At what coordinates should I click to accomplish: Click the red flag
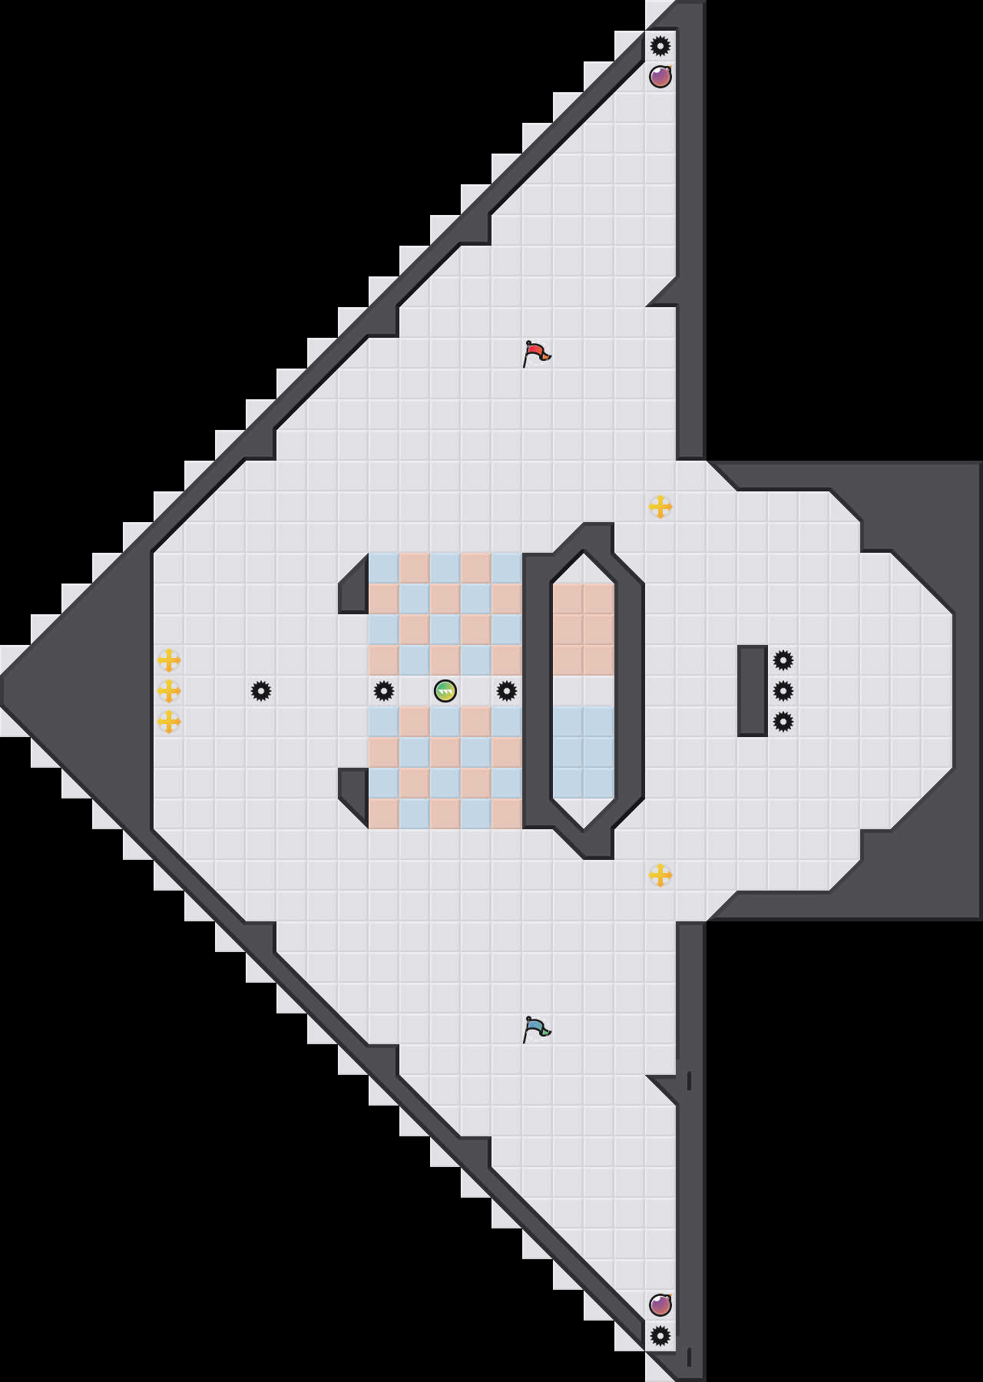coord(536,353)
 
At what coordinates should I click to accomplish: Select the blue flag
coord(536,1029)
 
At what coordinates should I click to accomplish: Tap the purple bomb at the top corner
coord(660,77)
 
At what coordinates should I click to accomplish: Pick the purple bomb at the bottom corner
coord(660,1304)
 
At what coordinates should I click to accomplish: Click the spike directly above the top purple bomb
coord(660,46)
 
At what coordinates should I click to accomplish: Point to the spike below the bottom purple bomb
coord(660,1336)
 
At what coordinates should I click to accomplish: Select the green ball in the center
coord(445,691)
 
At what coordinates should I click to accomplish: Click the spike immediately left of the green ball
coord(384,691)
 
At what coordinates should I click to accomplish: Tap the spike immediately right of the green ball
coord(507,691)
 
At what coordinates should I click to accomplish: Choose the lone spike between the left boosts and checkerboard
coord(261,691)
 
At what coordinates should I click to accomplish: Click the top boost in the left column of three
coord(169,660)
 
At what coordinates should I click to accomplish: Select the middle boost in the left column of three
coord(169,691)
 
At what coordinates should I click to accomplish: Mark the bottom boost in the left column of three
coord(169,722)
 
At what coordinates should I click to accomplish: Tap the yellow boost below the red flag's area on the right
coord(660,507)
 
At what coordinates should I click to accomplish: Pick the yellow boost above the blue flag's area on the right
coord(660,875)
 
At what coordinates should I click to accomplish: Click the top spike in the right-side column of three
coord(783,660)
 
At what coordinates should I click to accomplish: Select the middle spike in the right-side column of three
coord(783,691)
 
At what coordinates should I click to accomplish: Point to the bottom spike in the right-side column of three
coord(783,722)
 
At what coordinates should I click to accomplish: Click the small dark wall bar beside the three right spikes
coord(753,691)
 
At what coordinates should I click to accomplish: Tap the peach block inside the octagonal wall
coord(584,630)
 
